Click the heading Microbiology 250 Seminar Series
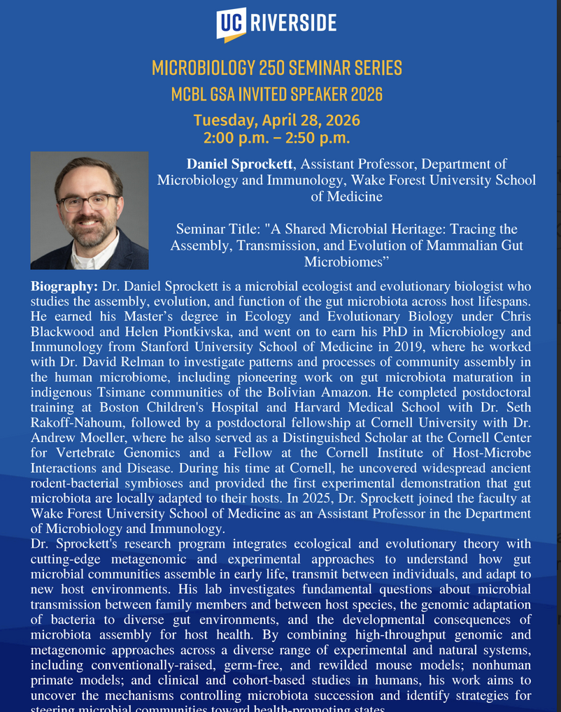pos(277,68)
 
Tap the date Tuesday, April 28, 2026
pos(277,120)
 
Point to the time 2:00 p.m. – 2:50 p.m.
pos(277,138)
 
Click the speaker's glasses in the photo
pos(89,201)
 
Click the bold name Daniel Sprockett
pos(239,164)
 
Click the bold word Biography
pos(64,287)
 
